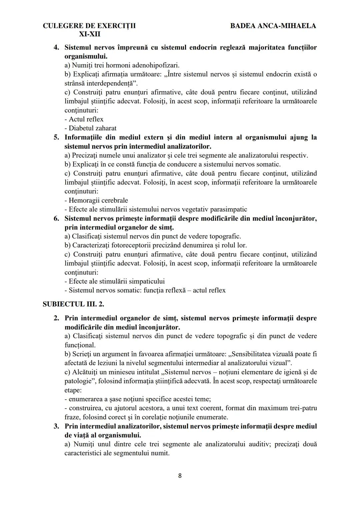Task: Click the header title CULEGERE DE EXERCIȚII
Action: coord(89,26)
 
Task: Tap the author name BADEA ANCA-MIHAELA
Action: coord(273,26)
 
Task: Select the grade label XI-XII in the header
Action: coord(89,34)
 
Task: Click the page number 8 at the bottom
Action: coord(180,476)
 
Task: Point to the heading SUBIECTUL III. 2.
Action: coord(74,304)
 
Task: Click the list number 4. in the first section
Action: coord(57,47)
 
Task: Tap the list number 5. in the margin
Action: coord(57,137)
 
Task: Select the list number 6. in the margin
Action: coord(57,218)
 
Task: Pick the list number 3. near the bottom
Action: coord(57,426)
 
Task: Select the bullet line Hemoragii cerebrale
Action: coord(96,200)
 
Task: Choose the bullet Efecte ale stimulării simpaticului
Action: coord(114,281)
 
